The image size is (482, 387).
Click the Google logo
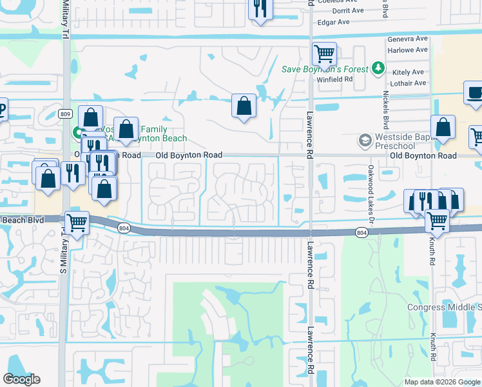click(x=22, y=379)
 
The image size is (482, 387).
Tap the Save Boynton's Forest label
click(x=325, y=69)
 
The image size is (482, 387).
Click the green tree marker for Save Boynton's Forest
click(x=379, y=68)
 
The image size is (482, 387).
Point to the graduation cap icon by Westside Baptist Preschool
click(x=365, y=140)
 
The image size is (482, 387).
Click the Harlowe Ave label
click(x=407, y=50)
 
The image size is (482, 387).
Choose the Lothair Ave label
click(x=408, y=83)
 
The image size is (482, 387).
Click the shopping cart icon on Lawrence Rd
click(x=324, y=54)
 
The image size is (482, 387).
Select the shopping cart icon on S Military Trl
click(x=77, y=224)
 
